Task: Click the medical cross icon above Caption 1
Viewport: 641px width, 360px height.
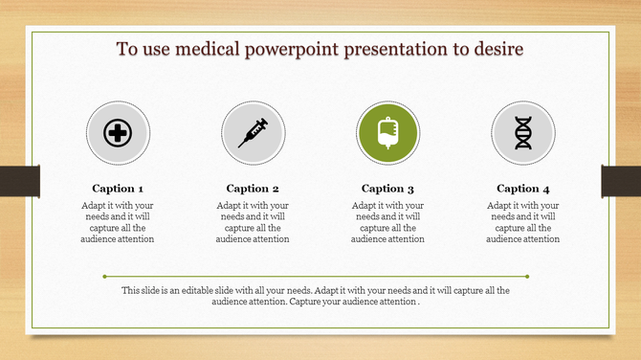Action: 118,133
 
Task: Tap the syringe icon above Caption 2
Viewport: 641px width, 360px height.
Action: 253,132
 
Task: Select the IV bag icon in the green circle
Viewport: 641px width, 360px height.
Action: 387,132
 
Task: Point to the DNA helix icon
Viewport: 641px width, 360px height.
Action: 522,133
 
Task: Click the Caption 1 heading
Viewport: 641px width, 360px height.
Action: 119,189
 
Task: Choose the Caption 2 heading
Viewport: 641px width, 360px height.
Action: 253,189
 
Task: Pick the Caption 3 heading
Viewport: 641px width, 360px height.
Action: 387,189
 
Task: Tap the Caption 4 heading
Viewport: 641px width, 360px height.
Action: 523,189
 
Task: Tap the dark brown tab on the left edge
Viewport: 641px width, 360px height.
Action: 19,181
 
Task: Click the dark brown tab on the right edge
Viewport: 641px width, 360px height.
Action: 621,181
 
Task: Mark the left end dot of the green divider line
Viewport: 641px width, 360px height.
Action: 113,277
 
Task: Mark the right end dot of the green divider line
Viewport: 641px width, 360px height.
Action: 528,277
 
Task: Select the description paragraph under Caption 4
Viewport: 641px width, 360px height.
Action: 523,222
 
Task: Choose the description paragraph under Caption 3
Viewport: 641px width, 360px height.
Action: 387,222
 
